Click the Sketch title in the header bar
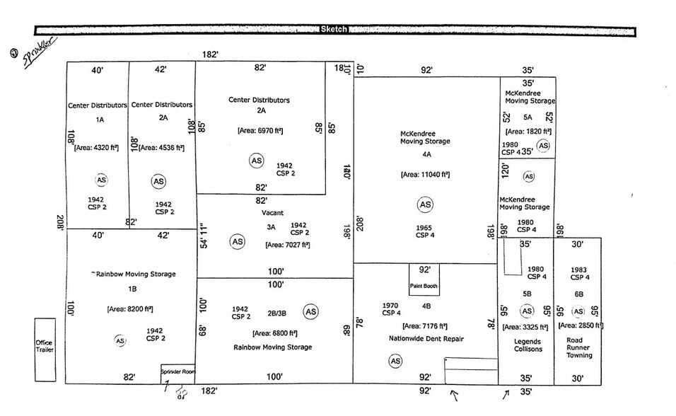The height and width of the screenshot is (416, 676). pyautogui.click(x=334, y=29)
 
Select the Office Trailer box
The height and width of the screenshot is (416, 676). pyautogui.click(x=45, y=349)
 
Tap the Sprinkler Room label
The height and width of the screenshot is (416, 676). pyautogui.click(x=177, y=371)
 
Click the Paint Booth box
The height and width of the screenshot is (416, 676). pyautogui.click(x=424, y=281)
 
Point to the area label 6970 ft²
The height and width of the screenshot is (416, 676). pyautogui.click(x=260, y=130)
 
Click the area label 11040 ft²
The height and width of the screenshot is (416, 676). pyautogui.click(x=424, y=174)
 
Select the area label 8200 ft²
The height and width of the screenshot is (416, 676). pyautogui.click(x=130, y=308)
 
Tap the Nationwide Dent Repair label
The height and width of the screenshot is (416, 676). pyautogui.click(x=426, y=339)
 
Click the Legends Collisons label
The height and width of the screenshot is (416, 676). pyautogui.click(x=528, y=345)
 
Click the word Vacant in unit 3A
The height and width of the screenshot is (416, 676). pyautogui.click(x=272, y=213)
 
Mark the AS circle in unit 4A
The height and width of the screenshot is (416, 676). pyautogui.click(x=425, y=205)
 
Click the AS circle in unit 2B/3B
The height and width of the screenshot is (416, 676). pyautogui.click(x=310, y=311)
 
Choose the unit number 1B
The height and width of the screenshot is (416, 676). pyautogui.click(x=132, y=289)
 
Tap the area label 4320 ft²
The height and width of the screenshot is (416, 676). pyautogui.click(x=95, y=148)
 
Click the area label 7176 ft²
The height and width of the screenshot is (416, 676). pyautogui.click(x=425, y=326)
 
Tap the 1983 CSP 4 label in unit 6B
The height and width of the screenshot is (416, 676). pyautogui.click(x=579, y=273)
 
